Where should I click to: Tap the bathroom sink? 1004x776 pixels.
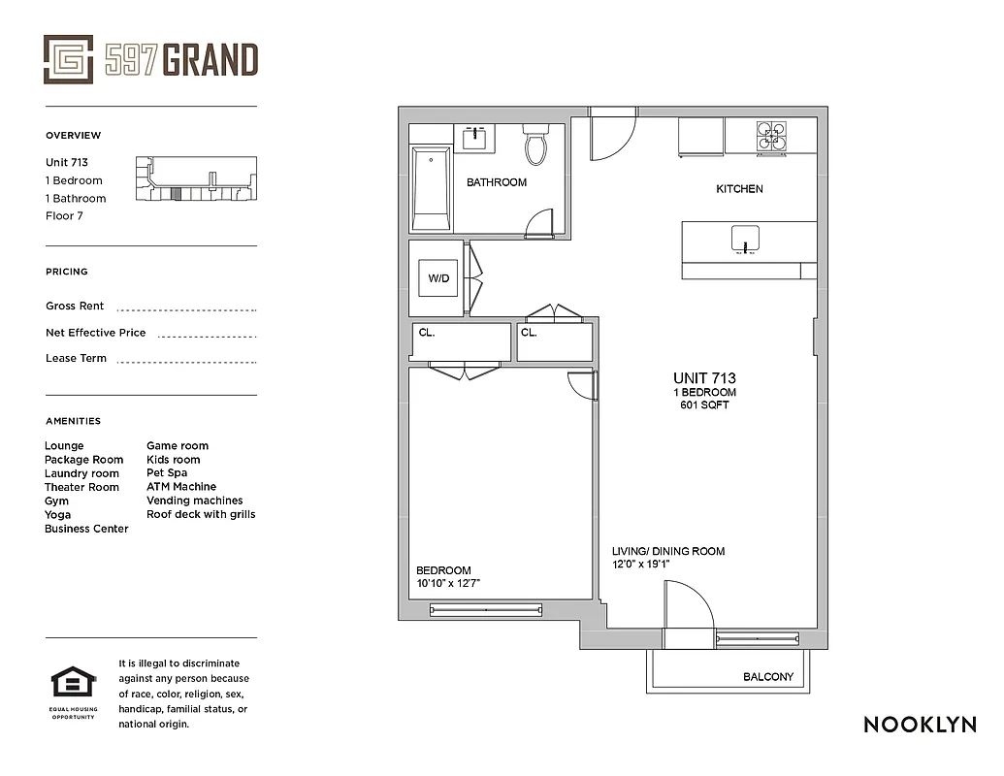475,138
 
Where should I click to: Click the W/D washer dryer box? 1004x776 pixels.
438,278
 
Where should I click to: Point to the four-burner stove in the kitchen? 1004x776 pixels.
772,137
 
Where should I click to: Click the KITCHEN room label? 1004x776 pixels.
739,189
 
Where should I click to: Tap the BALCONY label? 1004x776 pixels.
768,677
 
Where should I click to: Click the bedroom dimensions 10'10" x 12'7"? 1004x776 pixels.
448,584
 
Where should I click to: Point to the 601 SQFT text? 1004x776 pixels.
704,405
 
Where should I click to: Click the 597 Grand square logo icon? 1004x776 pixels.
68,59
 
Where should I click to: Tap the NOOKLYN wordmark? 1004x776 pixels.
920,725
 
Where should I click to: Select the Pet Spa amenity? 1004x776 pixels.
167,473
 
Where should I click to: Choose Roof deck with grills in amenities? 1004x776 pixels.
201,514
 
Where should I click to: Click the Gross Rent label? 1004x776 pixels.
75,306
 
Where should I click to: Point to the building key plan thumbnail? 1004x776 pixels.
197,178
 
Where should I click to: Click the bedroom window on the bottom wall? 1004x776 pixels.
489,610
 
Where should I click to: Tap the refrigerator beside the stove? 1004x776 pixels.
700,136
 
